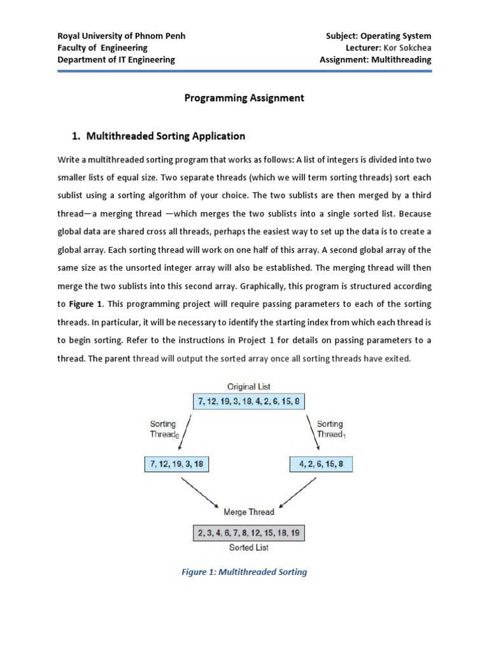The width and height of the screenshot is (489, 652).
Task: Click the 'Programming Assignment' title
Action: (x=244, y=98)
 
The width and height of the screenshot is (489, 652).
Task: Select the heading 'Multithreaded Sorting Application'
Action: (x=165, y=136)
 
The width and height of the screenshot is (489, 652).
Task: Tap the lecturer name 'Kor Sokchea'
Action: (x=407, y=48)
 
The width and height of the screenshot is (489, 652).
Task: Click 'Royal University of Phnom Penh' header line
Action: (x=122, y=36)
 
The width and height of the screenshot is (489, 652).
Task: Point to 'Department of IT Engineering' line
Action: (x=116, y=60)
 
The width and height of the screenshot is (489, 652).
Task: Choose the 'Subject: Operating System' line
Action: (x=378, y=36)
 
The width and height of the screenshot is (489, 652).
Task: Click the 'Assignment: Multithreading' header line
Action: (x=376, y=60)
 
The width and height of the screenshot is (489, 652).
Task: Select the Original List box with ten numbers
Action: (x=248, y=402)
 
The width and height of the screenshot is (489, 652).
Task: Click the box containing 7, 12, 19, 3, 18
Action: (x=176, y=464)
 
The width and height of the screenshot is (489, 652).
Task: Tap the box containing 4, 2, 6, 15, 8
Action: (x=320, y=464)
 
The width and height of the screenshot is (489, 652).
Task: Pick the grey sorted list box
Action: (x=248, y=532)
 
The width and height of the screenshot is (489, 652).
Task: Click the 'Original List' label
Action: (x=248, y=386)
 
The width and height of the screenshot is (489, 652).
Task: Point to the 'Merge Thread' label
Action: (x=248, y=512)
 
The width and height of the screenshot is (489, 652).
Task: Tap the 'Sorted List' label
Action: (x=248, y=548)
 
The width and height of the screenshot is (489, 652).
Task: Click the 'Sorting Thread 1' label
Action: (x=330, y=429)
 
